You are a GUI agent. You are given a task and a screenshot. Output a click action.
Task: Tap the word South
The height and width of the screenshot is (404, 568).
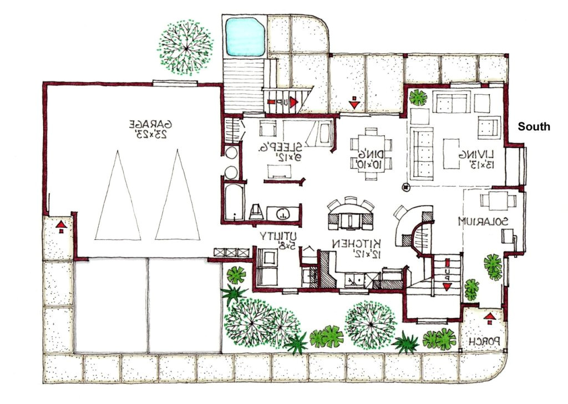coord(534,127)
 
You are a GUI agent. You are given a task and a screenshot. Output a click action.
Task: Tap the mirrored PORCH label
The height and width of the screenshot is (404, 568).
coord(486,342)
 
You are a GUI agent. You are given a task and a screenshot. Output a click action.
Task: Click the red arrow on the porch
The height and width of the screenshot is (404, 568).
coord(489,318)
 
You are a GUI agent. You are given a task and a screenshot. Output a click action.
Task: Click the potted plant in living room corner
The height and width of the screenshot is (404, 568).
coord(418,98)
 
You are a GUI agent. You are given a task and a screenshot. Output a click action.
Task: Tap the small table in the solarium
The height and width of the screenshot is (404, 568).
coord(493,200)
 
